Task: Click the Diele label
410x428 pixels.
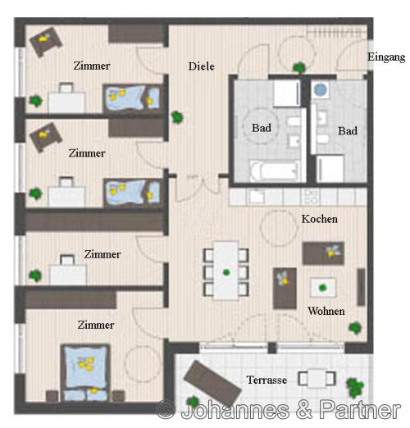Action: (x=201, y=66)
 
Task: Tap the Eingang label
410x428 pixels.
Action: (x=386, y=57)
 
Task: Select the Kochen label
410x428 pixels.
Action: (x=319, y=219)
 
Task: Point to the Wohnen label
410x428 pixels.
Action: (x=326, y=311)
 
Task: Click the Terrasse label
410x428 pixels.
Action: (x=266, y=380)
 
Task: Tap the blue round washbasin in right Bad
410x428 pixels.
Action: (x=321, y=89)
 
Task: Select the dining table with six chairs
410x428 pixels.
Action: (x=225, y=271)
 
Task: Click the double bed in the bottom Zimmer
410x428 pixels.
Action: (x=85, y=373)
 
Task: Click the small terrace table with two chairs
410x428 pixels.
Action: (x=317, y=379)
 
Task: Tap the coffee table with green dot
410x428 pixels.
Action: (x=323, y=288)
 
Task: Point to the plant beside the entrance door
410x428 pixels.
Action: (x=299, y=67)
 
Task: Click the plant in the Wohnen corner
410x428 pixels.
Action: (x=355, y=328)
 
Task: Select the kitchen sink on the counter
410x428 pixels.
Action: (x=256, y=197)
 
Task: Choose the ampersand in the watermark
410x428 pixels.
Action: (x=303, y=410)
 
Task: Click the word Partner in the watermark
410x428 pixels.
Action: (x=360, y=409)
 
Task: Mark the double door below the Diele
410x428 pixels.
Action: (x=198, y=189)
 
